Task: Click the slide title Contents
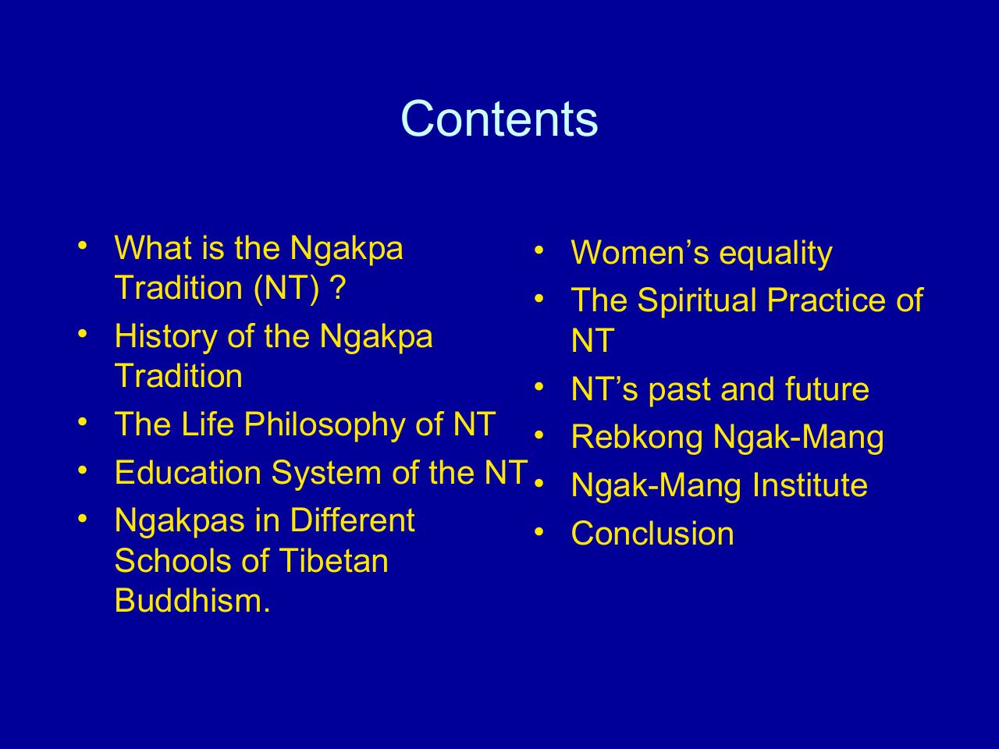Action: click(x=499, y=119)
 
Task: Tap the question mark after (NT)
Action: click(x=338, y=288)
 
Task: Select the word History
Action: click(x=165, y=337)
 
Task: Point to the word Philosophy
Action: click(x=325, y=424)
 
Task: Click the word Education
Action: click(x=188, y=472)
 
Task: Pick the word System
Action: click(x=326, y=474)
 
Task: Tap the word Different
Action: click(x=353, y=520)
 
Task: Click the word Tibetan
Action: click(x=333, y=560)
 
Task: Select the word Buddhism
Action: click(x=193, y=600)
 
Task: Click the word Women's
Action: click(x=640, y=252)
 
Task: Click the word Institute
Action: click(x=809, y=485)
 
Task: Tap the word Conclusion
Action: click(x=652, y=533)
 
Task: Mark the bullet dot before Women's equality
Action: click(x=539, y=250)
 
